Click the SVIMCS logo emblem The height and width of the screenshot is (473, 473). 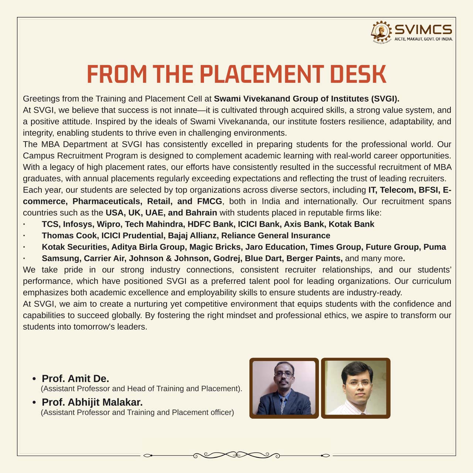381,31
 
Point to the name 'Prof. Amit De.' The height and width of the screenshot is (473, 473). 75,378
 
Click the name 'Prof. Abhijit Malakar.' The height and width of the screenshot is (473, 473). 92,402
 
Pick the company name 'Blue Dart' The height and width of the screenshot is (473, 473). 263,258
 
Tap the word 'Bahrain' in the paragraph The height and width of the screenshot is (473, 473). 201,213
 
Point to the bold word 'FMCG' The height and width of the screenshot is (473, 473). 210,201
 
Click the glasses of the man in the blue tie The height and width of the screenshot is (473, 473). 284,374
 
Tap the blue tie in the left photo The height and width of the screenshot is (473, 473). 283,405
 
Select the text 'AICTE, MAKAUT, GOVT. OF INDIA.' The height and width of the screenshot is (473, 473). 423,39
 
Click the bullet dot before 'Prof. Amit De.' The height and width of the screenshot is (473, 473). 34,379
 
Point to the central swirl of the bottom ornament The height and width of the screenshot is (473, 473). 236,455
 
